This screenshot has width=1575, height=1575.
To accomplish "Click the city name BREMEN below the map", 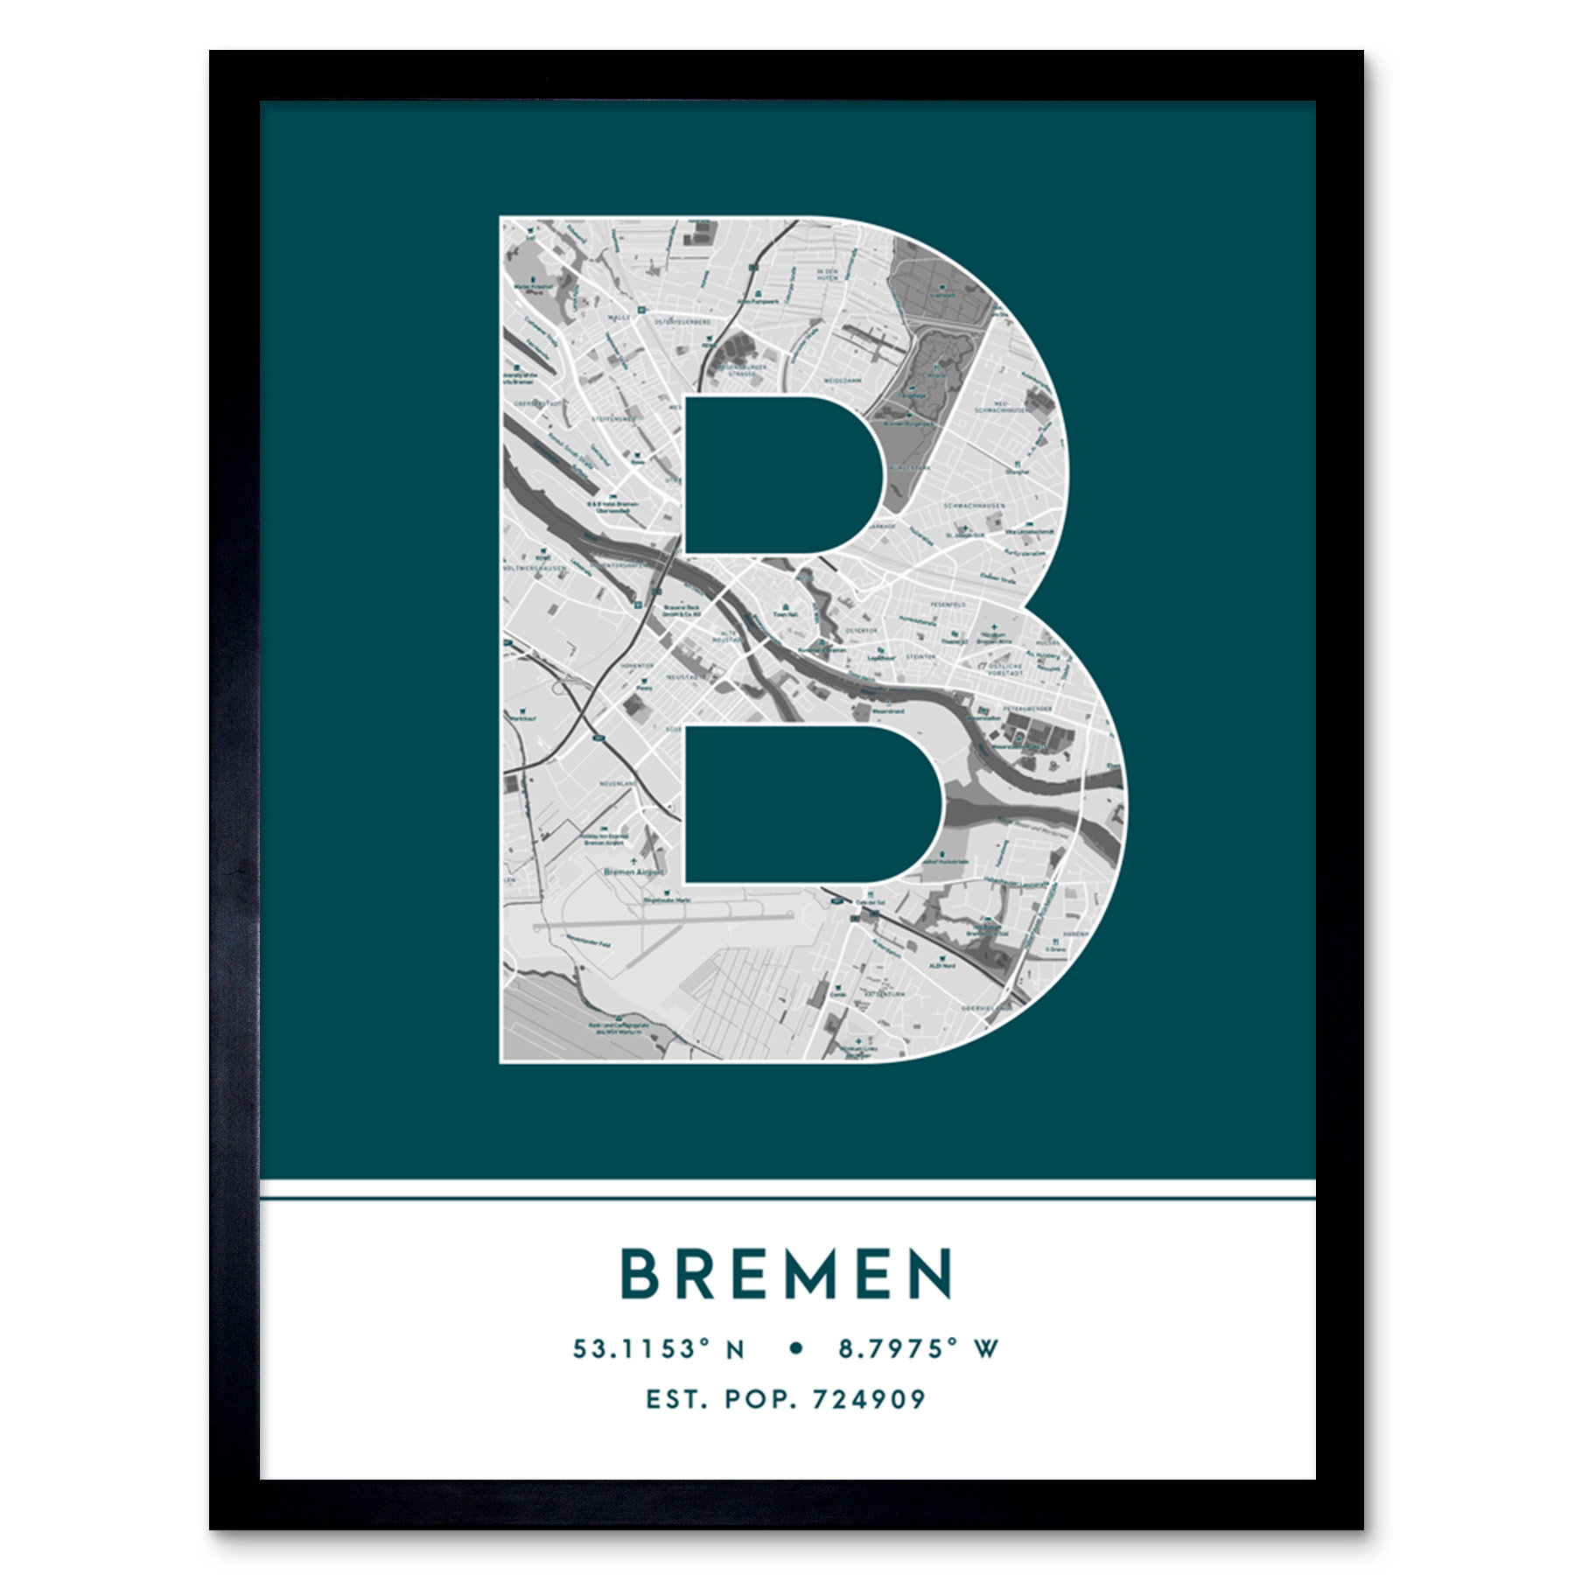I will click(787, 1274).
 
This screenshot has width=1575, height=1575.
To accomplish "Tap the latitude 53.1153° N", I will click(659, 1348).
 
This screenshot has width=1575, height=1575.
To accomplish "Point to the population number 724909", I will click(869, 1399).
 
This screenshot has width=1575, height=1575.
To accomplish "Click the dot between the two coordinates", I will click(795, 1348).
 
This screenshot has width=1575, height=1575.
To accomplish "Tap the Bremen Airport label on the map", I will click(634, 872).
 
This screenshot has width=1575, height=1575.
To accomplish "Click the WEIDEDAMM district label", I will click(842, 381).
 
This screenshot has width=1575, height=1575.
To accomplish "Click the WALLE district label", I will click(619, 318).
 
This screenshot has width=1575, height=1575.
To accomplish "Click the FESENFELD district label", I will click(948, 605).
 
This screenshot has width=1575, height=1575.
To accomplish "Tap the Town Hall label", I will click(785, 615).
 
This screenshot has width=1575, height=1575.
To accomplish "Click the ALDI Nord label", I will click(941, 966).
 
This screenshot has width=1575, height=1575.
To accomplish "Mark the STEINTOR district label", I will click(920, 656).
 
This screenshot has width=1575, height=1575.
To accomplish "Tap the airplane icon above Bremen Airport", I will click(633, 862).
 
